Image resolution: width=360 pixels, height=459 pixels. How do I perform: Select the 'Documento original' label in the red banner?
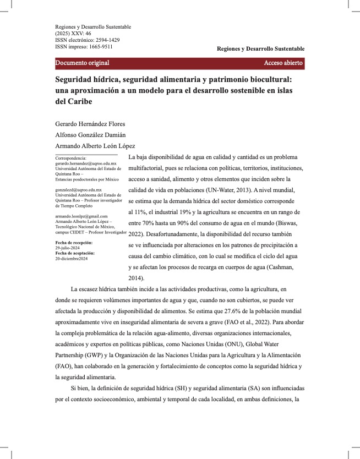(82, 63)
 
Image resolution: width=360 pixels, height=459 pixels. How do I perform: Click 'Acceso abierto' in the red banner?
(283, 63)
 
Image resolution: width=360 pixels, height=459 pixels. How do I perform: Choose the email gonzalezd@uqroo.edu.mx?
(79, 190)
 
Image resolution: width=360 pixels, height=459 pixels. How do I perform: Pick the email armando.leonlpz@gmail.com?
(81, 216)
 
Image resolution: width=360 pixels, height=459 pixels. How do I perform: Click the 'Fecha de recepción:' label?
(74, 243)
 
